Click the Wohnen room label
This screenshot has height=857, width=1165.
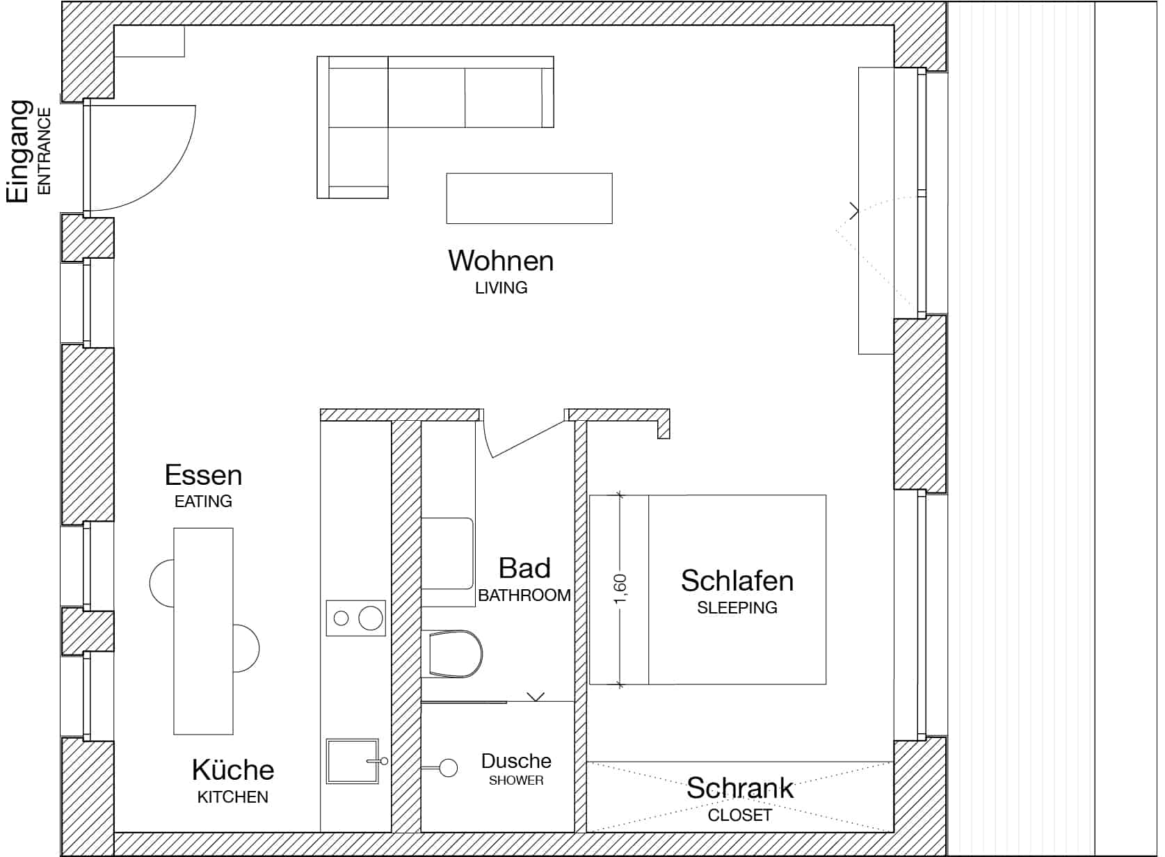click(x=501, y=262)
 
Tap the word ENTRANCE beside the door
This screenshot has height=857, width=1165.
click(x=44, y=150)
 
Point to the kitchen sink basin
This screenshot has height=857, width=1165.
click(x=351, y=761)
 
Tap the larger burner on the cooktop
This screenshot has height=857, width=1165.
click(x=371, y=618)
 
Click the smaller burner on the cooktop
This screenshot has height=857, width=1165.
click(x=341, y=618)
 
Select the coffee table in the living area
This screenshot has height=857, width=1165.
click(x=529, y=198)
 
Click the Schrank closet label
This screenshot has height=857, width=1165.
click(x=739, y=788)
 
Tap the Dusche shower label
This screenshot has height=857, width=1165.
click(x=516, y=761)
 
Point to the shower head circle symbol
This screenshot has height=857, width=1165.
click(x=449, y=768)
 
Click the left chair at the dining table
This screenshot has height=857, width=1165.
click(x=161, y=583)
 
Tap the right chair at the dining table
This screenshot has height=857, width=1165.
click(x=246, y=648)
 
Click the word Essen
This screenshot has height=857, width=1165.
click(x=203, y=476)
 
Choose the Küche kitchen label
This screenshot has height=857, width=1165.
click(x=232, y=771)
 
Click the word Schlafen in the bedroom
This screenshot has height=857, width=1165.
click(x=737, y=581)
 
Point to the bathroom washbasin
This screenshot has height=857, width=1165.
click(x=448, y=553)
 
